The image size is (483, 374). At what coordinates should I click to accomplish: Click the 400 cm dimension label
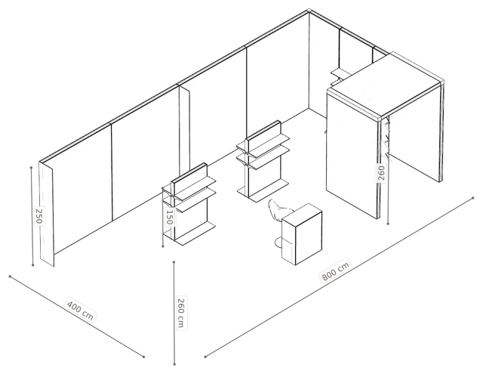(x=80, y=309)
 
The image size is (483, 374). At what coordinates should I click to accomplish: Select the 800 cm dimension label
(x=335, y=270)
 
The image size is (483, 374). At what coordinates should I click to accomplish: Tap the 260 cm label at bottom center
(x=181, y=313)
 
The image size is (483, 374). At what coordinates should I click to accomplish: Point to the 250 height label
(x=39, y=216)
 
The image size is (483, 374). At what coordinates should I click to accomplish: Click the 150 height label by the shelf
(x=169, y=217)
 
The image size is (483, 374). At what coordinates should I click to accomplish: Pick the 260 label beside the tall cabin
(x=381, y=173)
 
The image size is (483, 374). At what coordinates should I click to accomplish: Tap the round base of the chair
(x=278, y=243)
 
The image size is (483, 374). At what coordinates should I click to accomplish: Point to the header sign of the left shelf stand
(x=189, y=180)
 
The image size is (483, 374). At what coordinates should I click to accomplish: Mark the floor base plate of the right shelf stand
(x=263, y=190)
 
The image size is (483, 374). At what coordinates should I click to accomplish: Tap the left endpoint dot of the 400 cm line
(x=10, y=277)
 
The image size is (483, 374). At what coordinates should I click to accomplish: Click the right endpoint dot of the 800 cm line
(x=473, y=198)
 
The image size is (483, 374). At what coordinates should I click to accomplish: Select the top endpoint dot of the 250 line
(x=32, y=168)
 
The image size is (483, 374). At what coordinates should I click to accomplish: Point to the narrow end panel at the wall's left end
(x=47, y=214)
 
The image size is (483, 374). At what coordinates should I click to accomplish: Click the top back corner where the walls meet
(x=309, y=11)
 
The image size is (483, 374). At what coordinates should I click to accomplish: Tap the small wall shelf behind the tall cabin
(x=340, y=73)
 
